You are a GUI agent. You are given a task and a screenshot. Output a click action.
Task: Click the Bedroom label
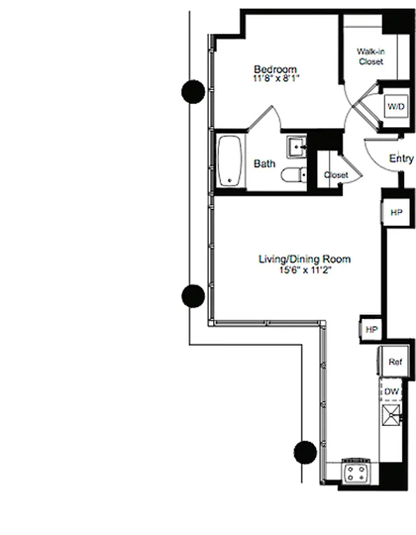coord(275,70)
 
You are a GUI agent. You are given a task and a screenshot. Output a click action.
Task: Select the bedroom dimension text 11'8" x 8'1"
coord(275,79)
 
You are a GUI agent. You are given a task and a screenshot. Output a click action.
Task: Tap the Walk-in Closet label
coord(370,56)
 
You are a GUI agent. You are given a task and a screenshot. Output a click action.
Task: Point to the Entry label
coord(401,159)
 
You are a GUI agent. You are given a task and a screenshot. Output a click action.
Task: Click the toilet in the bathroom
coord(291,176)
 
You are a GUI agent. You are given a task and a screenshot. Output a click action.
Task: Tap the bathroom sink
coord(295,144)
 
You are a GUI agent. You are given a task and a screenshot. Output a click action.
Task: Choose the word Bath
coord(264,163)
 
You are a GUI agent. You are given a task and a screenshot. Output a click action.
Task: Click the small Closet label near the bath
coord(336,175)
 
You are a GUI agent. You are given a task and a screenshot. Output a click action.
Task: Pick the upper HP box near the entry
coord(396,212)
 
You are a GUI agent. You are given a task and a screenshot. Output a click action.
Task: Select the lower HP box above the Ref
coord(372,330)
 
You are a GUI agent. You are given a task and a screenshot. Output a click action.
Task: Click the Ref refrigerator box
coord(395,362)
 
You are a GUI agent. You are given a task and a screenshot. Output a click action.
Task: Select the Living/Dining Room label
coord(305,259)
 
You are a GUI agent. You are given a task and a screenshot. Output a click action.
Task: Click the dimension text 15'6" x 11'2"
coord(305,270)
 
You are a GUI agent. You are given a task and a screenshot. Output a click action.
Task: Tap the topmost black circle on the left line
coord(194,91)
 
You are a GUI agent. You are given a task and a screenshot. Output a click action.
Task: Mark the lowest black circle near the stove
coord(305,452)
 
